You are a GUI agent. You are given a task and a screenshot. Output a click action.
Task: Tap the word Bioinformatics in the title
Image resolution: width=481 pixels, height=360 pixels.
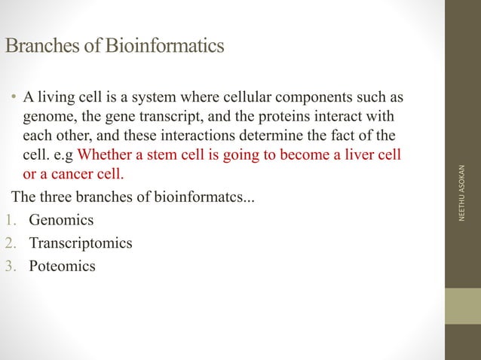point(164,46)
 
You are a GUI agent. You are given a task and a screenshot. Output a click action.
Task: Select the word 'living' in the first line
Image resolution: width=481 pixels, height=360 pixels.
point(57,99)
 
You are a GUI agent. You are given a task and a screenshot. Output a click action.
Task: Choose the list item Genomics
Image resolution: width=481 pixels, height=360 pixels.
point(61,221)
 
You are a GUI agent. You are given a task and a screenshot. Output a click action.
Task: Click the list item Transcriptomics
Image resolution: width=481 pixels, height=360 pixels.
point(80,243)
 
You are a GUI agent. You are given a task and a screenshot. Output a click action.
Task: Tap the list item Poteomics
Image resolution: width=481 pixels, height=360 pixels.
point(62,266)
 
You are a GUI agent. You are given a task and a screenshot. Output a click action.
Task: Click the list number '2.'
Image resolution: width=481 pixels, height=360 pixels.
point(9,243)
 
